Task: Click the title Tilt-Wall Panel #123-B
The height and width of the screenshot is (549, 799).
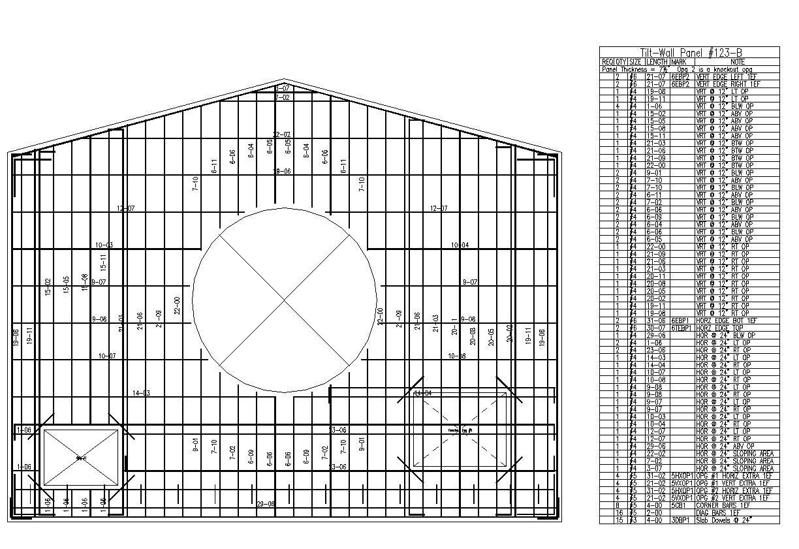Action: click(x=689, y=53)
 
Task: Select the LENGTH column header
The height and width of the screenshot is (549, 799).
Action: click(x=657, y=62)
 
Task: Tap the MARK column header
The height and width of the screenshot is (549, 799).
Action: click(x=681, y=62)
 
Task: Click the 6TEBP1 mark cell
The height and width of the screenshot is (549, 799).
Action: click(x=681, y=328)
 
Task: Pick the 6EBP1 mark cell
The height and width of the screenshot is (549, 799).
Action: click(x=681, y=321)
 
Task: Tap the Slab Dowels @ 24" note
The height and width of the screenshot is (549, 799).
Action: click(x=724, y=520)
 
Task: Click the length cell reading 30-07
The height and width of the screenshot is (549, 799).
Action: click(x=655, y=328)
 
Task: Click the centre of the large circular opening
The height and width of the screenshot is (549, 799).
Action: click(x=285, y=300)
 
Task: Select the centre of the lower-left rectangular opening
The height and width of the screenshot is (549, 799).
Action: click(x=82, y=457)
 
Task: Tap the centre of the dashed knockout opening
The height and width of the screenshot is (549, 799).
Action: click(x=461, y=430)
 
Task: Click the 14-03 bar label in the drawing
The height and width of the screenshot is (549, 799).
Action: click(x=141, y=393)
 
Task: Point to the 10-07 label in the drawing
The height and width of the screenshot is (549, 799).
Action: click(x=107, y=356)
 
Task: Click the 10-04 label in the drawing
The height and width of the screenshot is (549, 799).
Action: click(x=460, y=245)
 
